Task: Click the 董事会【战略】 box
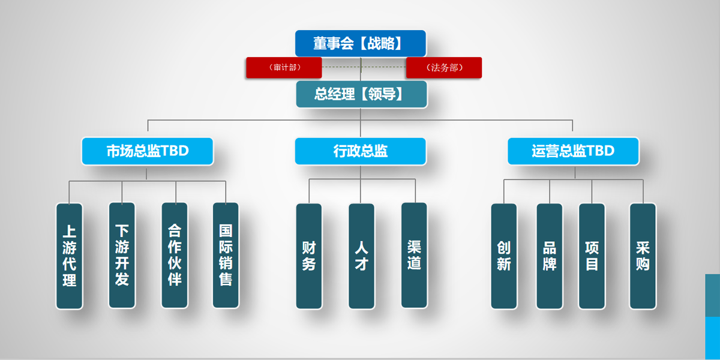click(x=360, y=43)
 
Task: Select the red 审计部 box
click(x=284, y=68)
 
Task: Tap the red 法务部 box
click(x=443, y=68)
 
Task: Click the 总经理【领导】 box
click(x=361, y=94)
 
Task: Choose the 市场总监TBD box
click(x=148, y=151)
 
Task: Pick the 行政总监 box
click(x=360, y=151)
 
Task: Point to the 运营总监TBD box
click(x=573, y=151)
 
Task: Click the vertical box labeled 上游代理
click(x=70, y=256)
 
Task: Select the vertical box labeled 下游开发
click(x=122, y=256)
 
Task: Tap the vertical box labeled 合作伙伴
click(x=175, y=256)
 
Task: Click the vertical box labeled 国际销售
click(x=226, y=256)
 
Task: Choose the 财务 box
click(x=309, y=256)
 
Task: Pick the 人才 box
click(x=361, y=256)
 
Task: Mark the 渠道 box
click(x=414, y=255)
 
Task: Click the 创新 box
click(x=504, y=256)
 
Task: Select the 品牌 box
click(x=550, y=256)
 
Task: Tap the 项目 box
click(x=592, y=256)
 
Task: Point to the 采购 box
click(x=643, y=256)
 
